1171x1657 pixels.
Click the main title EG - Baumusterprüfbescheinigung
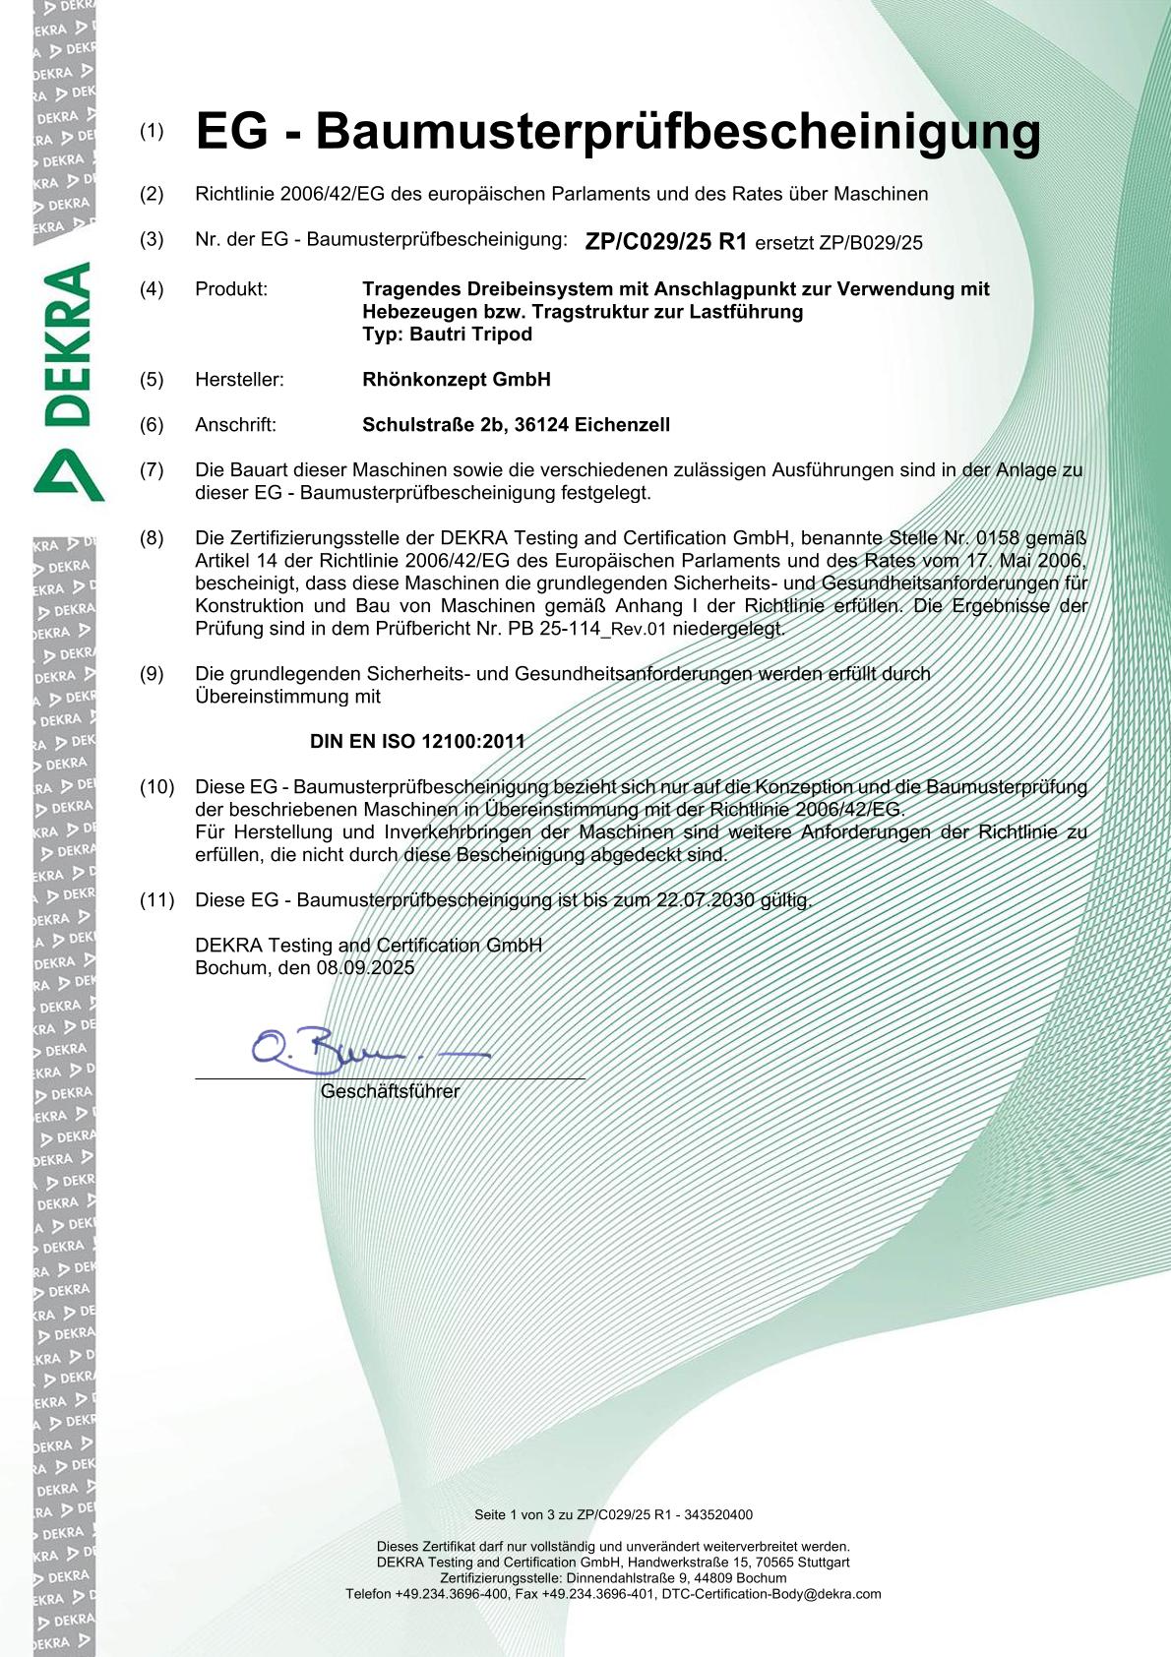[618, 132]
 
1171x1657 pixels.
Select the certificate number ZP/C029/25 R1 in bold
[666, 241]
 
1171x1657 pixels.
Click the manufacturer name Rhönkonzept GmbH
[456, 380]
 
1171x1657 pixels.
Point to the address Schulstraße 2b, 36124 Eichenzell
[516, 425]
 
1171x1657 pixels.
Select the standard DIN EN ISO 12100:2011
[417, 742]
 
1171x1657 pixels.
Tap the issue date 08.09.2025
[365, 967]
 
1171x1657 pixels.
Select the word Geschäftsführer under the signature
[390, 1091]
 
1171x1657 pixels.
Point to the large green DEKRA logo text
[68, 343]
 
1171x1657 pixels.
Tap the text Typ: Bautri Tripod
[447, 335]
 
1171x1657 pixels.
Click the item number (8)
[152, 538]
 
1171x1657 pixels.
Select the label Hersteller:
[239, 380]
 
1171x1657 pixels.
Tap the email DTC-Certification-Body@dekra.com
[771, 1593]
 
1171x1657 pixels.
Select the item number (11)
[156, 899]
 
